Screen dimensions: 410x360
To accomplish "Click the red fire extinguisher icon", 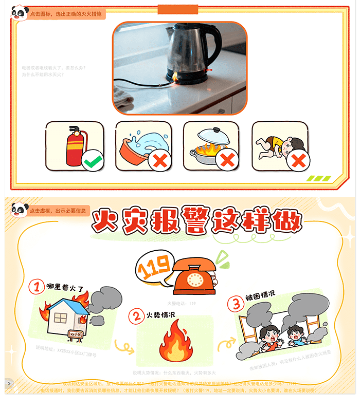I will [73, 145].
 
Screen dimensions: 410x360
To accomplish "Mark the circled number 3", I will [236, 303].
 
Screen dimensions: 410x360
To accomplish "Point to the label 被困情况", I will [260, 295].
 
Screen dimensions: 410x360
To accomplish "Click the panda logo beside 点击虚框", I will [19, 210].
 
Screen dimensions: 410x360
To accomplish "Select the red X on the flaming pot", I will [228, 161].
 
